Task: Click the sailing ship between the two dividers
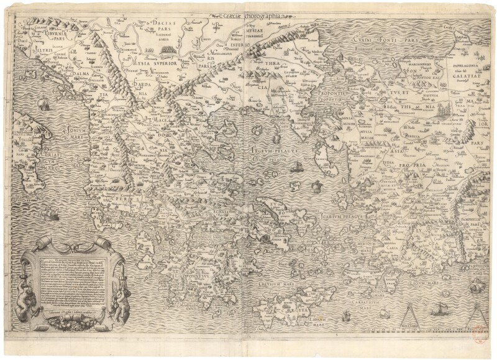pos(439,308)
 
